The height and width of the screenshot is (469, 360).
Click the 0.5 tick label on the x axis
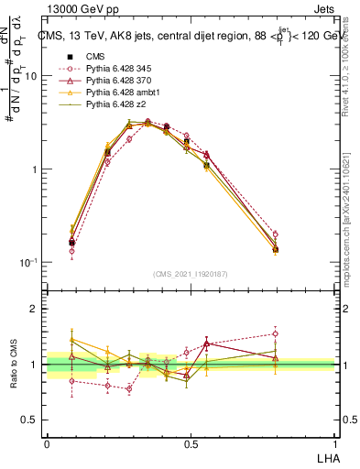click(190, 443)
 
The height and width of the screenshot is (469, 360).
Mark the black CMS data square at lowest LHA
click(71, 243)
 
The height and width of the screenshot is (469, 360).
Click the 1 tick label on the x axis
click(333, 443)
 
